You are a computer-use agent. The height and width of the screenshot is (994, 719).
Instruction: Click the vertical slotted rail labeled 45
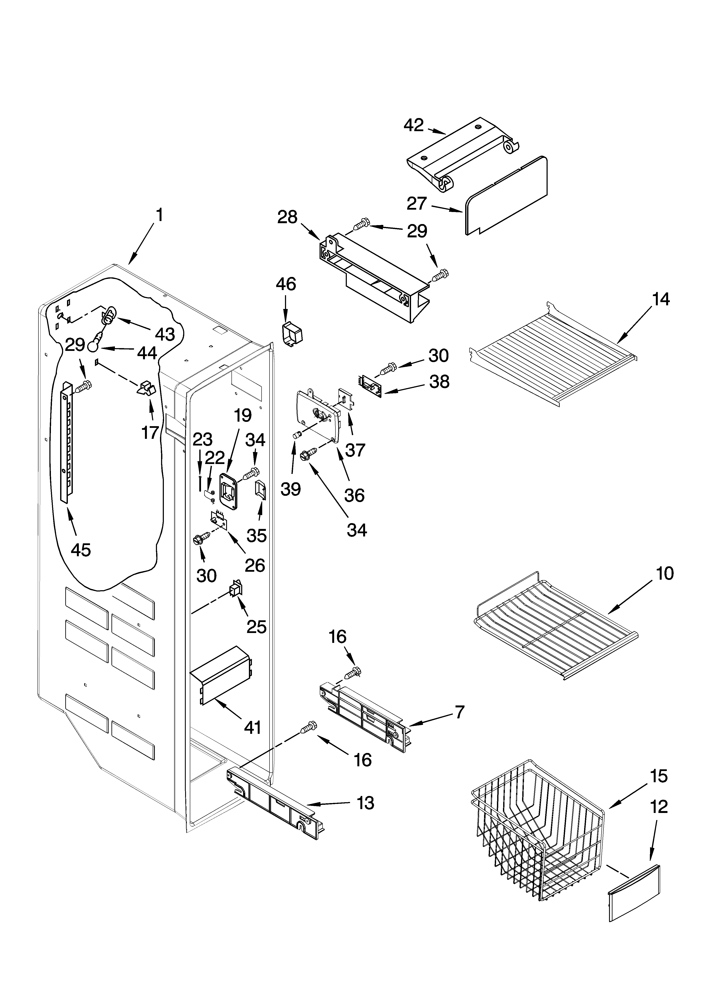click(x=67, y=443)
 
